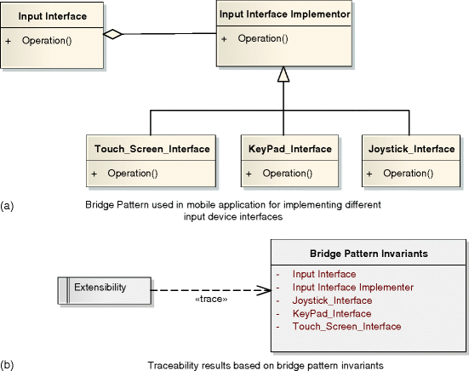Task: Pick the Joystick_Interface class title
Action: [x=412, y=149]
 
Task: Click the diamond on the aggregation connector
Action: [x=112, y=35]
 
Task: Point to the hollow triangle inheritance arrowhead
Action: [x=283, y=76]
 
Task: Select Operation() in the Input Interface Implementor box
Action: [x=261, y=38]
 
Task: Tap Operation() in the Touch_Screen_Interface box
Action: [x=131, y=174]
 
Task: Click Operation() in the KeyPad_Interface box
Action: [x=287, y=174]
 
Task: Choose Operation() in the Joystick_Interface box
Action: [x=408, y=174]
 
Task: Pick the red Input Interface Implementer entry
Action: [x=352, y=288]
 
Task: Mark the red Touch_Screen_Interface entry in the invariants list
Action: [x=346, y=327]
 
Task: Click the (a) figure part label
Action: [x=8, y=205]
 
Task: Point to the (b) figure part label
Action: [x=8, y=364]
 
